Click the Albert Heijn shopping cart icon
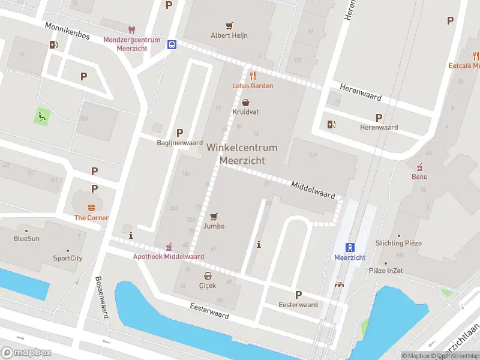pyautogui.click(x=229, y=26)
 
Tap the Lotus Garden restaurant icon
pyautogui.click(x=253, y=76)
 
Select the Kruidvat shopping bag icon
pyautogui.click(x=246, y=103)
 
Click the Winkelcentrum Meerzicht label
pyautogui.click(x=242, y=154)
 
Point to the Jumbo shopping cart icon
pyautogui.click(x=214, y=217)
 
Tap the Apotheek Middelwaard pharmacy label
pyautogui.click(x=168, y=256)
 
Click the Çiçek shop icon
pyautogui.click(x=208, y=276)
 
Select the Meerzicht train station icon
pyautogui.click(x=349, y=248)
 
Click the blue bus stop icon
pyautogui.click(x=172, y=44)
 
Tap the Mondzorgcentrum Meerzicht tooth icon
pyautogui.click(x=132, y=30)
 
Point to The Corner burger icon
pyautogui.click(x=91, y=208)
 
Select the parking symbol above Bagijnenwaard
pyautogui.click(x=179, y=133)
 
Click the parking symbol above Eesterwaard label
pyautogui.click(x=298, y=295)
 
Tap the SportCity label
pyautogui.click(x=67, y=259)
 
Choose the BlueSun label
pyautogui.click(x=26, y=238)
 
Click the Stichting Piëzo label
pyautogui.click(x=399, y=243)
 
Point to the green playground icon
pyautogui.click(x=41, y=116)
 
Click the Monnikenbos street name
pyautogui.click(x=67, y=31)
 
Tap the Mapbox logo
pyautogui.click(x=26, y=353)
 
